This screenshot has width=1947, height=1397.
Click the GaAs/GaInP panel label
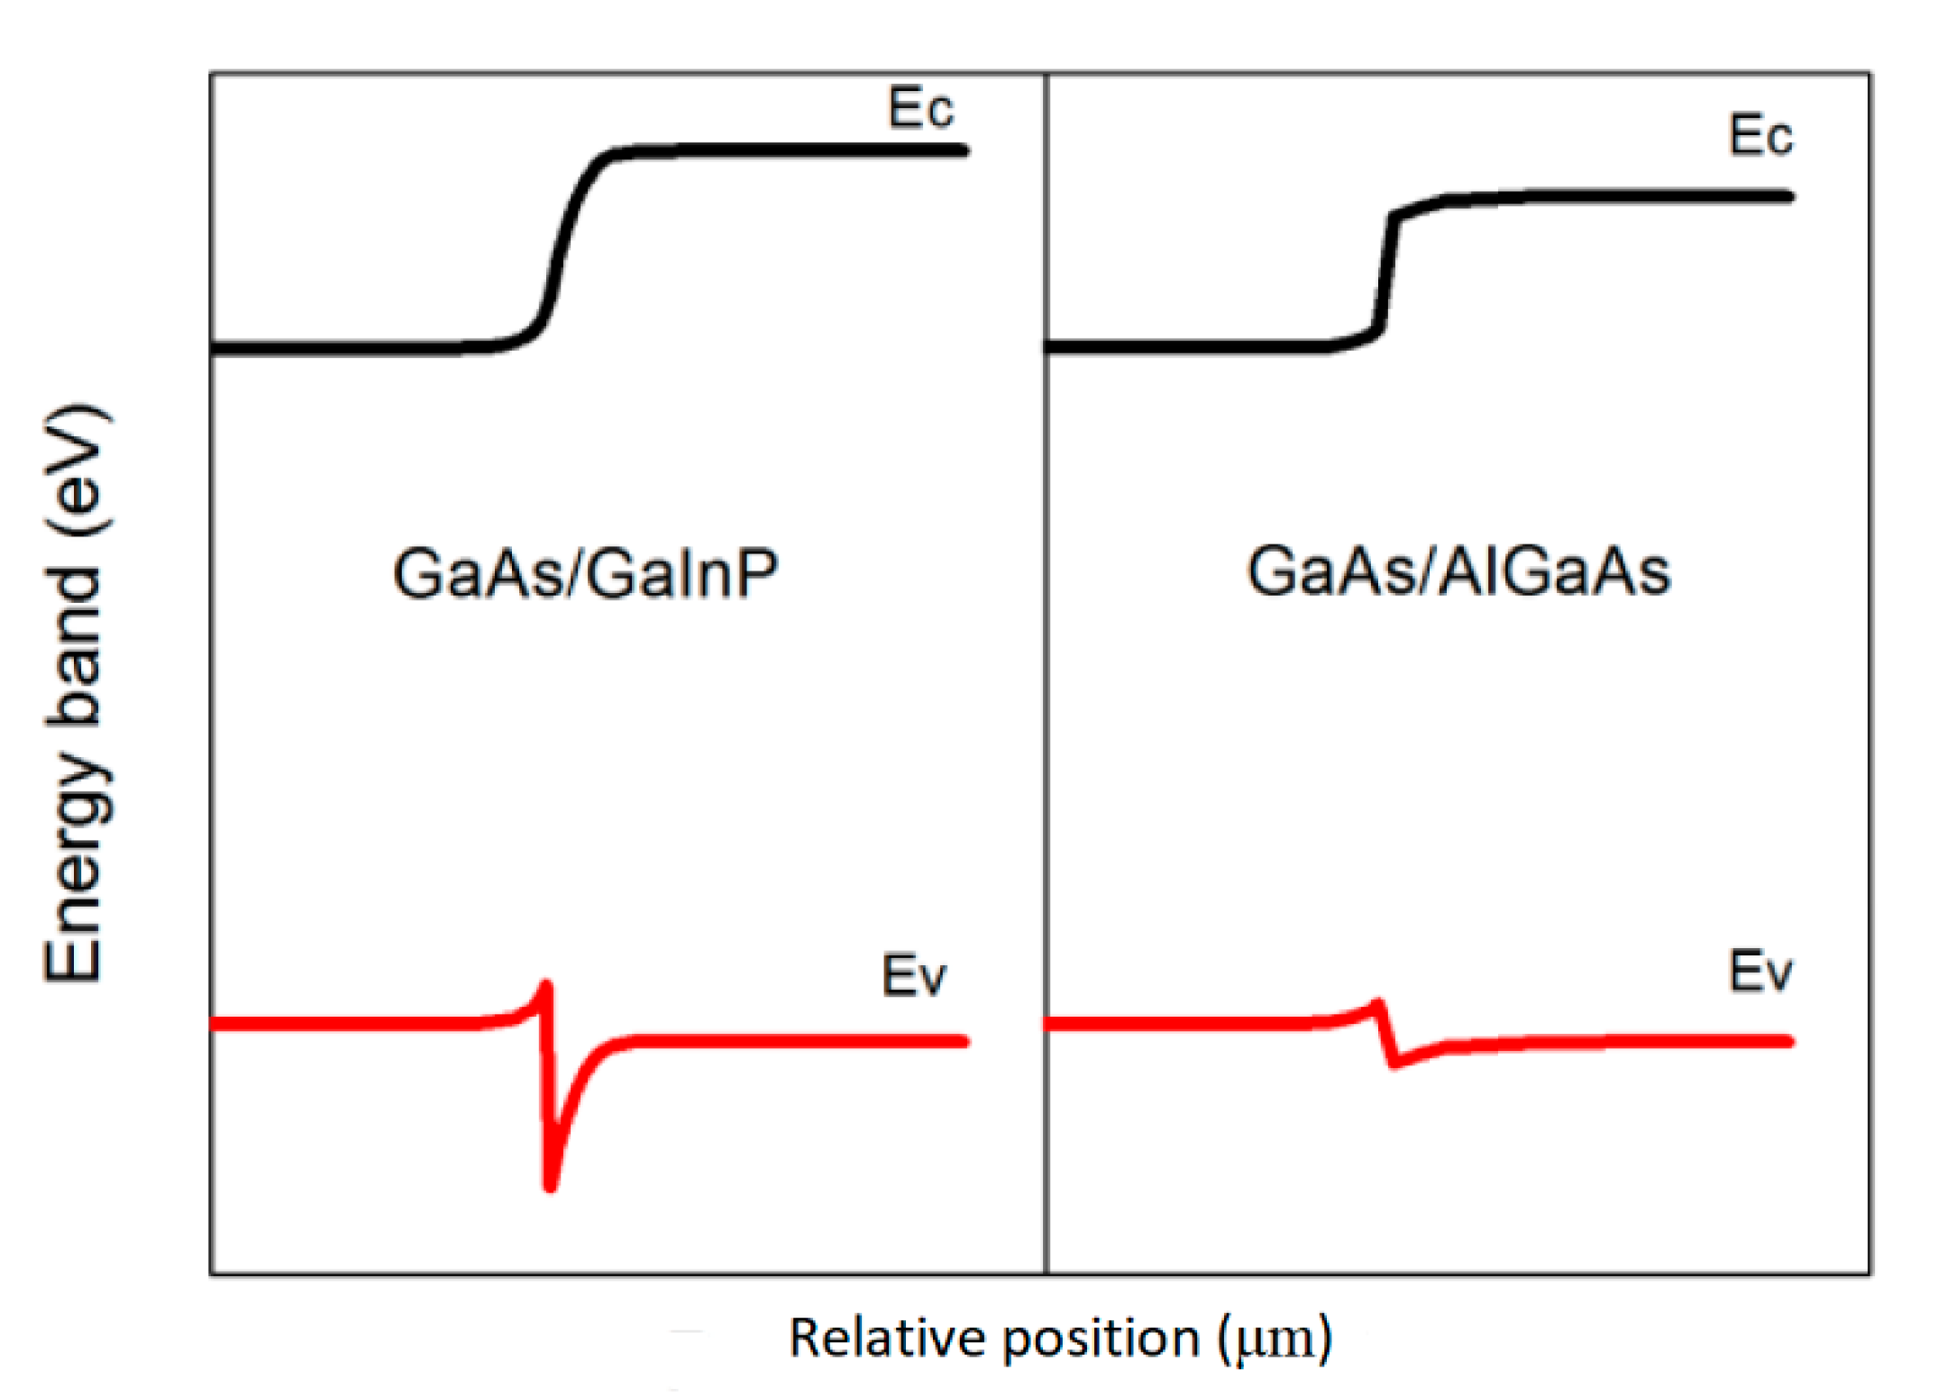tap(585, 573)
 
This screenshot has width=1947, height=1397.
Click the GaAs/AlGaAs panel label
tap(1458, 571)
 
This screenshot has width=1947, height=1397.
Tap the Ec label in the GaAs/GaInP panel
tap(919, 108)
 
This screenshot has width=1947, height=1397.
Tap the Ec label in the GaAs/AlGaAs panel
tap(1760, 135)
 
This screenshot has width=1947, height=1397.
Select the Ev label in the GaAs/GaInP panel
tap(913, 975)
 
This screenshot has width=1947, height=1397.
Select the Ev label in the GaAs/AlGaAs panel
tap(1760, 972)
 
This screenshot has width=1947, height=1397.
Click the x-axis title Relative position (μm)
tap(1060, 1338)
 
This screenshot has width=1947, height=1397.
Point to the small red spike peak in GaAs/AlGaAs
tap(1376, 1003)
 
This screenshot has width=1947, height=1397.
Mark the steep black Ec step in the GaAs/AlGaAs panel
tap(1387, 270)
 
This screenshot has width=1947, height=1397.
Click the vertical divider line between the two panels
tap(1046, 676)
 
